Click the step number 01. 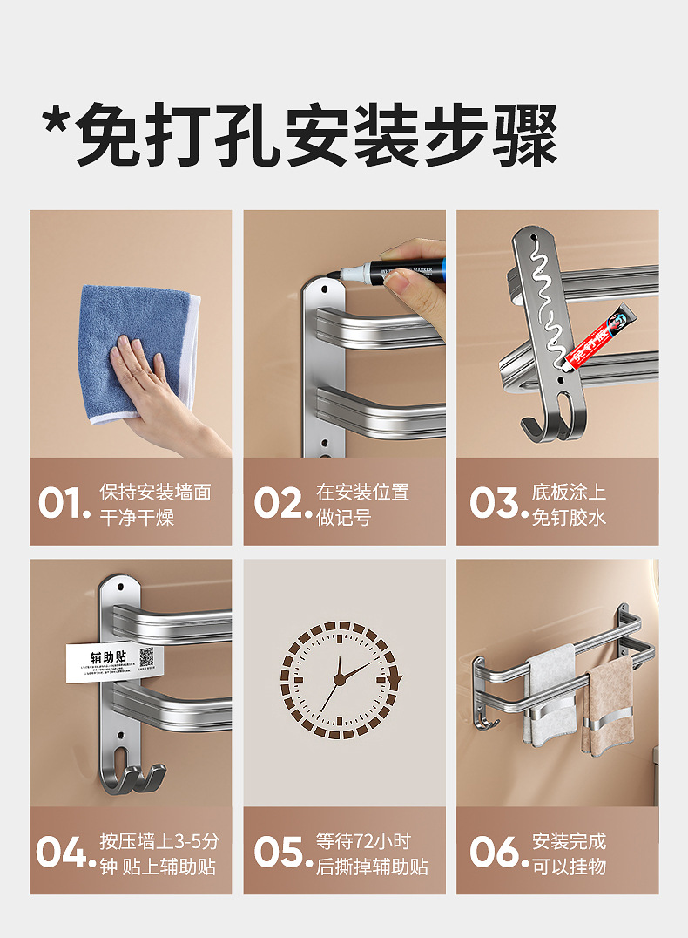point(64,504)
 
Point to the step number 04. point(64,853)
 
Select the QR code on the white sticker point(146,657)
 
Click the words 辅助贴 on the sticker point(108,656)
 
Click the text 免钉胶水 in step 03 point(569,517)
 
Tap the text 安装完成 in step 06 point(569,841)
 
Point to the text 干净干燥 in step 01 point(137,517)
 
